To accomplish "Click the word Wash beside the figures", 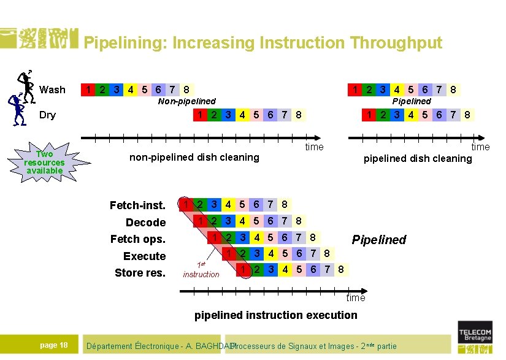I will [x=52, y=90].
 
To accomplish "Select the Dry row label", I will [x=47, y=115].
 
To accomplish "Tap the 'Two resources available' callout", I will [x=44, y=162].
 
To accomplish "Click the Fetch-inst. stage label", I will [x=137, y=205].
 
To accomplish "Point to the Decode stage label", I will [x=145, y=222].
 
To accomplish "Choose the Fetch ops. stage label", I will [x=138, y=239].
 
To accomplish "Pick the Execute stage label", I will [x=144, y=256].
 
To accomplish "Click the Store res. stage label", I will [x=140, y=272].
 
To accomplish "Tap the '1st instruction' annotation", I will [x=201, y=270].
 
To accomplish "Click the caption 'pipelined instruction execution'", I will [x=275, y=315].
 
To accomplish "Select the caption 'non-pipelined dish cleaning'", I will [x=194, y=157].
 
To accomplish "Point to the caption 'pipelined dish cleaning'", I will [x=418, y=158].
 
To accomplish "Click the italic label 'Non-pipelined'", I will [x=187, y=101].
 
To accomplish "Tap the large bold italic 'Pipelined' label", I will [x=378, y=239].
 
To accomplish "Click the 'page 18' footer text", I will [x=54, y=345].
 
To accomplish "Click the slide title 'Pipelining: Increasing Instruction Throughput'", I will [x=263, y=43].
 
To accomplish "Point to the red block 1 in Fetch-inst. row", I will [x=183, y=205].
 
